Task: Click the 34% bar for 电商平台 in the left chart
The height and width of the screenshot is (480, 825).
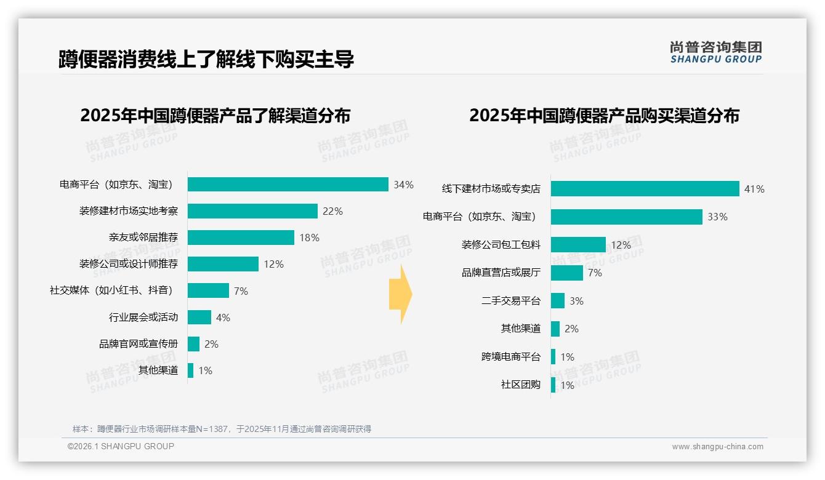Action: click(x=288, y=185)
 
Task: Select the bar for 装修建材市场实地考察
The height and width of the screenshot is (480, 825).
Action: click(x=252, y=211)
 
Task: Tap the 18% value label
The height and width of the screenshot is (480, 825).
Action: click(x=310, y=238)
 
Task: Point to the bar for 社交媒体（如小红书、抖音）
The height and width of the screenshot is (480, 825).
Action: click(x=208, y=290)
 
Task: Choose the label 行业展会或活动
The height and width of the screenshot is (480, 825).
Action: click(x=143, y=318)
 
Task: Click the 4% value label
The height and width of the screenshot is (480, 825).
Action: click(x=223, y=318)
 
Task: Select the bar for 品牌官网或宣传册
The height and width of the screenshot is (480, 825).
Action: click(x=193, y=344)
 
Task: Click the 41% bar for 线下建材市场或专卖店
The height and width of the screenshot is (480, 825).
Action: click(x=645, y=189)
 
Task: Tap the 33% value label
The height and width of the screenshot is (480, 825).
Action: click(x=717, y=217)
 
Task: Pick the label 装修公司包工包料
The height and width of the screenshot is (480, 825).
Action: click(x=501, y=245)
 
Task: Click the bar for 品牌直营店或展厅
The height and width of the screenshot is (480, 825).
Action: click(x=566, y=273)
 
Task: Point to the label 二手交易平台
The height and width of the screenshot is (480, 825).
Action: click(x=510, y=301)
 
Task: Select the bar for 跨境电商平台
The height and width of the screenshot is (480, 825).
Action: click(x=553, y=357)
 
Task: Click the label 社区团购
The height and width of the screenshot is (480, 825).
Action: click(x=520, y=385)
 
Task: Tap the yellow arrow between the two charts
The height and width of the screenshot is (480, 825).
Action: click(x=400, y=295)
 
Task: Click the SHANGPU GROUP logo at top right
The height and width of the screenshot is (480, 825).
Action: click(x=715, y=52)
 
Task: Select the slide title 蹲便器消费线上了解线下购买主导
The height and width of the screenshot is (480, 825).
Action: click(x=206, y=59)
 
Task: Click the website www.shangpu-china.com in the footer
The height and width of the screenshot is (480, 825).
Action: click(x=717, y=447)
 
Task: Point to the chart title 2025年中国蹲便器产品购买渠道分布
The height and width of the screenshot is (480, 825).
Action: click(x=604, y=116)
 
